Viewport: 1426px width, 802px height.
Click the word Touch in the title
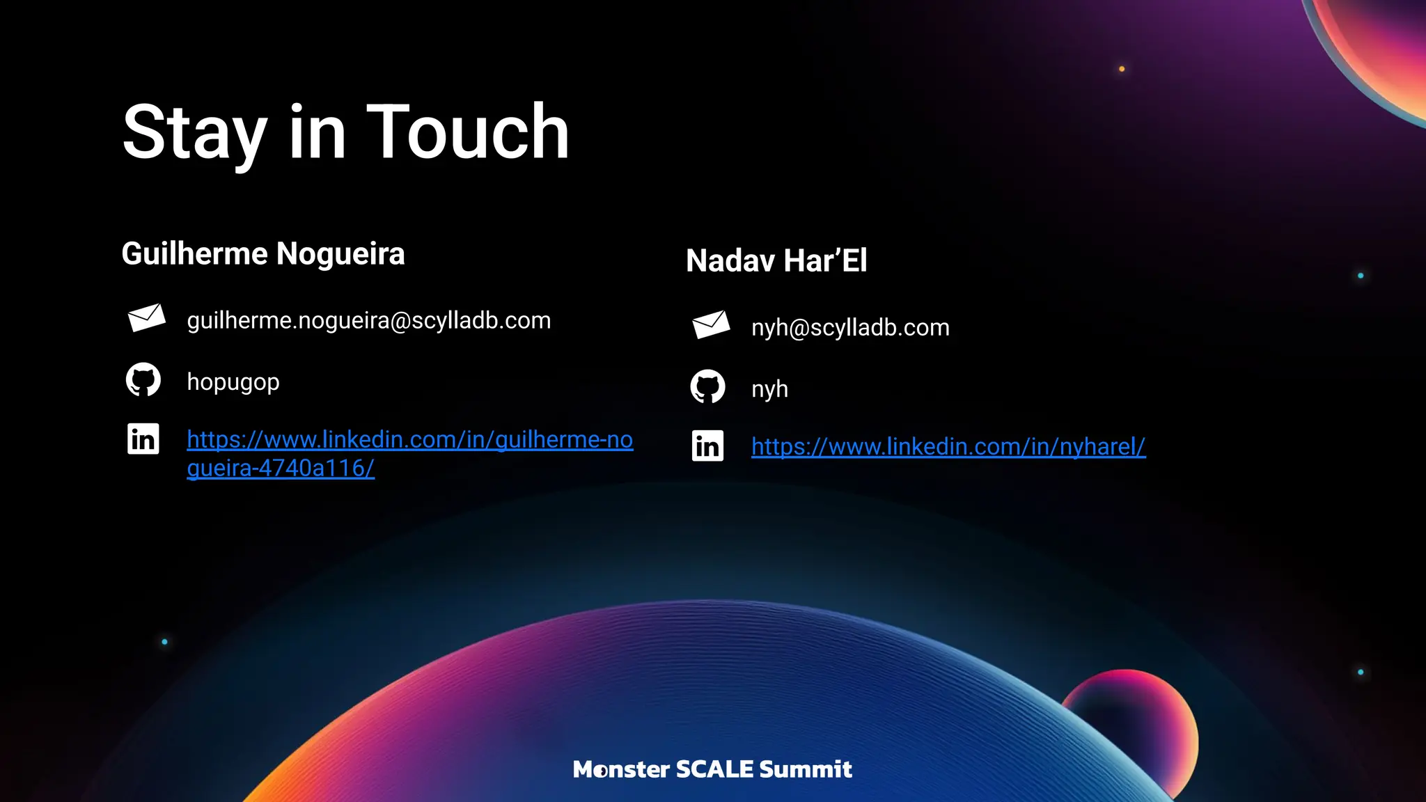467,132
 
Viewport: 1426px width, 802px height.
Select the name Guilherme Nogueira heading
263,253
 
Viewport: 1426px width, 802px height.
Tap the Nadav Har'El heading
776,261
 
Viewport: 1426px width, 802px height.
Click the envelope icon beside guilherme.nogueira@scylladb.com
146,318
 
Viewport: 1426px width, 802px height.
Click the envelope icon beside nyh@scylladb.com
711,325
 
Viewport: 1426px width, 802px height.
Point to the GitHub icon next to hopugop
143,380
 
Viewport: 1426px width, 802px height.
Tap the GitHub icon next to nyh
707,387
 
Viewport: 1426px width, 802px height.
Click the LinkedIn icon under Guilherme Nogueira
143,439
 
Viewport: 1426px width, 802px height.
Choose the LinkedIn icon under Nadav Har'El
707,446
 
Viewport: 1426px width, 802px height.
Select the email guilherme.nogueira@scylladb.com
369,320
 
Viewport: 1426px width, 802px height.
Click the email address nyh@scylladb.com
850,327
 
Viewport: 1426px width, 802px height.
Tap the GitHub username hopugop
233,382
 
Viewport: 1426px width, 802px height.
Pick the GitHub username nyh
769,389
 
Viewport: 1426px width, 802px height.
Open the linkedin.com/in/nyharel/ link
948,446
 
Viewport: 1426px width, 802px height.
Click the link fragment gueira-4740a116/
281,468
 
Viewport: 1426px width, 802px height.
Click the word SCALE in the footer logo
714,769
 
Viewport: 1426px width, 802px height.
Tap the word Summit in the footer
806,769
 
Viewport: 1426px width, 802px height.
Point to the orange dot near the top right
1122,69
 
